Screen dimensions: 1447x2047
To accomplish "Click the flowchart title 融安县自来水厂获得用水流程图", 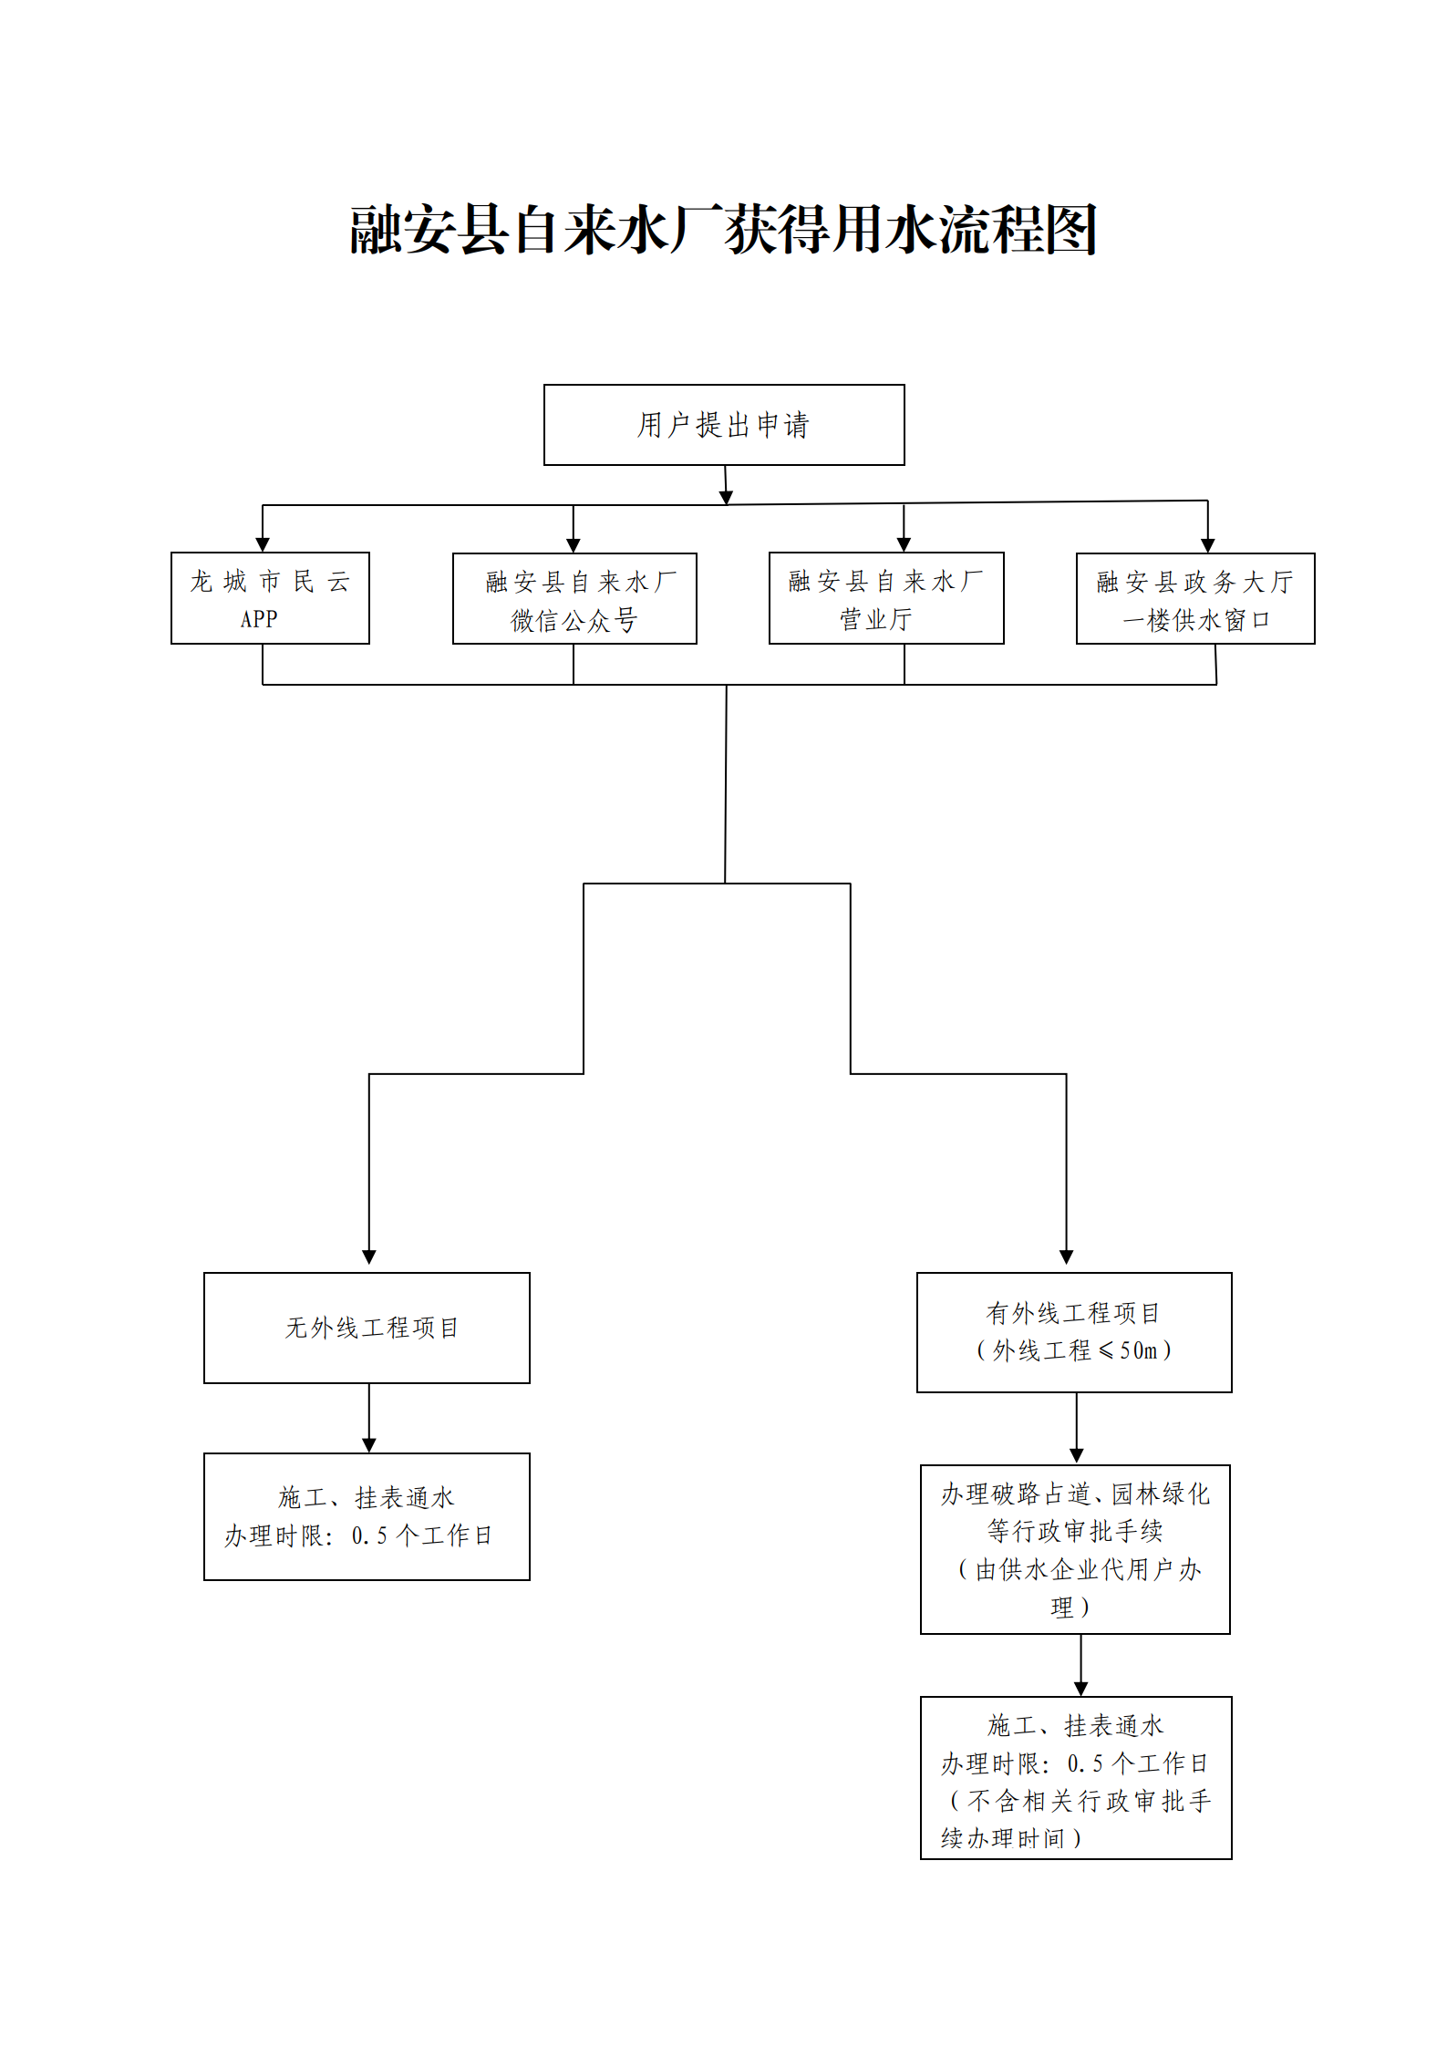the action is click(x=723, y=229).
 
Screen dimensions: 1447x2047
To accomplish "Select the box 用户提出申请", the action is click(x=724, y=425).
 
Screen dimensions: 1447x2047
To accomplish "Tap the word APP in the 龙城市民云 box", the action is click(x=259, y=619).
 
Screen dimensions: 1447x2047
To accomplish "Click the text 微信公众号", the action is click(x=574, y=621).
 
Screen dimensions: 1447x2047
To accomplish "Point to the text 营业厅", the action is click(x=876, y=620).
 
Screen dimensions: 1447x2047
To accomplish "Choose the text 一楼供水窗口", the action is click(x=1196, y=621).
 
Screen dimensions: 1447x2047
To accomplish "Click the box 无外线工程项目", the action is click(x=367, y=1328).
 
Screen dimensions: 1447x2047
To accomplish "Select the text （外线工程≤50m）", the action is click(x=1074, y=1350).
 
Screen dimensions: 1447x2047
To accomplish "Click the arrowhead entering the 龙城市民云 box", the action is click(x=263, y=545).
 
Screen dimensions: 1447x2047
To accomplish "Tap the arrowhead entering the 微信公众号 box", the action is click(x=574, y=545).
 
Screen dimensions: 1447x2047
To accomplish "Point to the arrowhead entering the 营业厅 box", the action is click(x=904, y=545).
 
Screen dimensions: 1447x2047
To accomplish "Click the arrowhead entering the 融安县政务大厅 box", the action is click(x=1208, y=546).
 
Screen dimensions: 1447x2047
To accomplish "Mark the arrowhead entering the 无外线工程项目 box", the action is click(x=369, y=1257).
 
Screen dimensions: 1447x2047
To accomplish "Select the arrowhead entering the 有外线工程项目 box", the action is click(x=1067, y=1257).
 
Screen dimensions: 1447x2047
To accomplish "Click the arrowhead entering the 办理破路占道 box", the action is click(x=1077, y=1456).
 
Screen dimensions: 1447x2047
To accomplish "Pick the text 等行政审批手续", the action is click(x=1075, y=1531).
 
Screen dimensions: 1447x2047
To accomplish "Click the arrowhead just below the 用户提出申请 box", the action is click(x=727, y=497).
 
